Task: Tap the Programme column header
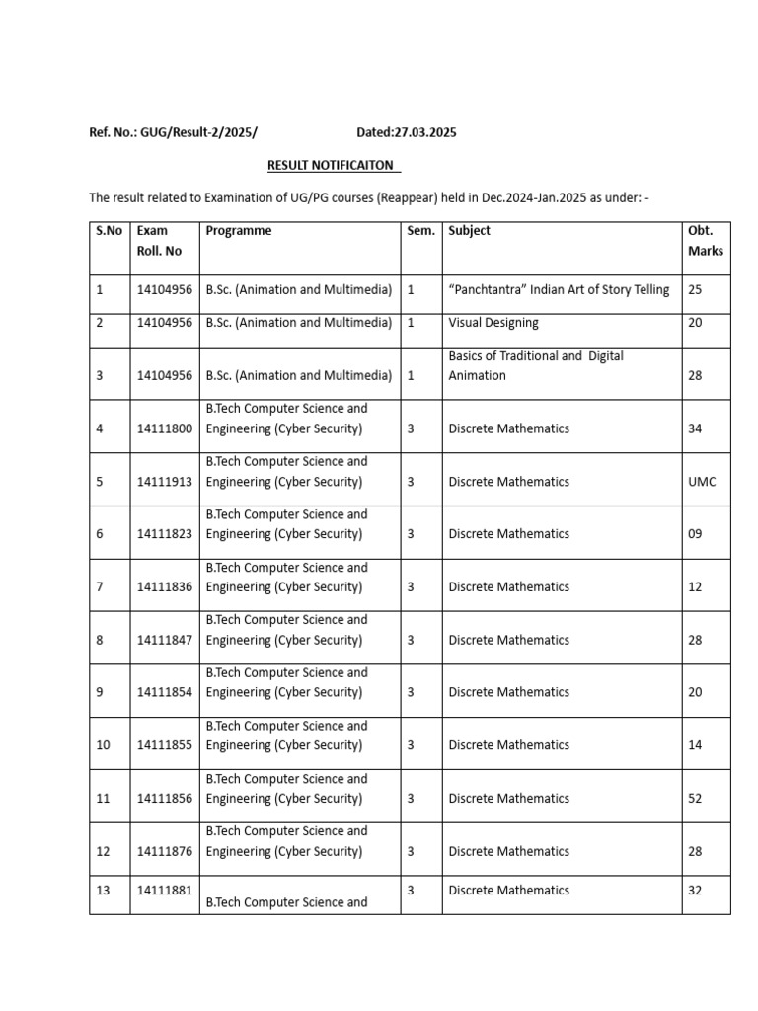pyautogui.click(x=239, y=231)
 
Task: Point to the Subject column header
pyautogui.click(x=469, y=231)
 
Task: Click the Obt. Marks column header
pyautogui.click(x=705, y=241)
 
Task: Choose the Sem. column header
pyautogui.click(x=420, y=231)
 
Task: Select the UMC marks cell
pyautogui.click(x=702, y=482)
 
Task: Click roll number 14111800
pyautogui.click(x=165, y=428)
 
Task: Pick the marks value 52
pyautogui.click(x=695, y=798)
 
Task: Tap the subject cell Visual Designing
pyautogui.click(x=493, y=323)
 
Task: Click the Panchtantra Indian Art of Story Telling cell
pyautogui.click(x=559, y=290)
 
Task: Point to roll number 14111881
pyautogui.click(x=165, y=890)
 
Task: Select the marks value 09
pyautogui.click(x=695, y=534)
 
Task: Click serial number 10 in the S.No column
pyautogui.click(x=104, y=745)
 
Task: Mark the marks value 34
pyautogui.click(x=695, y=428)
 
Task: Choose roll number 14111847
pyautogui.click(x=165, y=640)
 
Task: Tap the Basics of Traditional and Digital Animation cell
pyautogui.click(x=536, y=365)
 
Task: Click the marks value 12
pyautogui.click(x=695, y=586)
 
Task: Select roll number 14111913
pyautogui.click(x=165, y=482)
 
